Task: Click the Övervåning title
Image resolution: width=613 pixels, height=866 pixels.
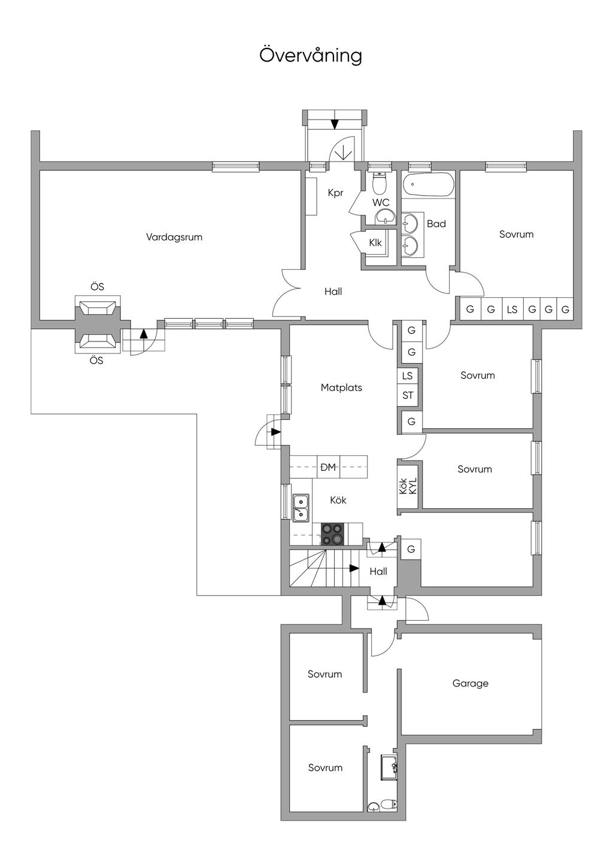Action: [x=311, y=55]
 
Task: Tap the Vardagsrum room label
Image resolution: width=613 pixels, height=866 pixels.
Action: [x=174, y=237]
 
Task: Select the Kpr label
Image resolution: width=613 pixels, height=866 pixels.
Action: [x=335, y=193]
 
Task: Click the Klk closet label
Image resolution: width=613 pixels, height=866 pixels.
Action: [x=375, y=242]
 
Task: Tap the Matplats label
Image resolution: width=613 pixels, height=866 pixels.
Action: [x=341, y=388]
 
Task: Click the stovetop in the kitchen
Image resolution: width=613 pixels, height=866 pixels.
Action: [x=332, y=533]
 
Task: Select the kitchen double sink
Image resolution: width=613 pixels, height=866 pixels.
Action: [x=301, y=508]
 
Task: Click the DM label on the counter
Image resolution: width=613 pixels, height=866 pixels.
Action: [x=328, y=467]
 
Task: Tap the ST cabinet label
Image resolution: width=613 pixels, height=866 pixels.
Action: [x=408, y=395]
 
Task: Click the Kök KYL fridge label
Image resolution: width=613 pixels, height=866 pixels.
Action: [x=408, y=486]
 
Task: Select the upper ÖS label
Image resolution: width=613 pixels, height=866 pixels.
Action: [x=97, y=287]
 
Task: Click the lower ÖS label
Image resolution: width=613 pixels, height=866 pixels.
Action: [x=97, y=360]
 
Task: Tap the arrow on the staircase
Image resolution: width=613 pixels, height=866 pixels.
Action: [x=354, y=568]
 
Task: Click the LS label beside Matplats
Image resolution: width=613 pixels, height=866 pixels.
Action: [x=407, y=376]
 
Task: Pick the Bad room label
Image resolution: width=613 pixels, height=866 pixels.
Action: [x=436, y=224]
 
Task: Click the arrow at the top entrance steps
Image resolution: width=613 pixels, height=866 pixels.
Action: [x=335, y=124]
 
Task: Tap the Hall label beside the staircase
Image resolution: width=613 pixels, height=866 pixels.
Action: [x=378, y=571]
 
